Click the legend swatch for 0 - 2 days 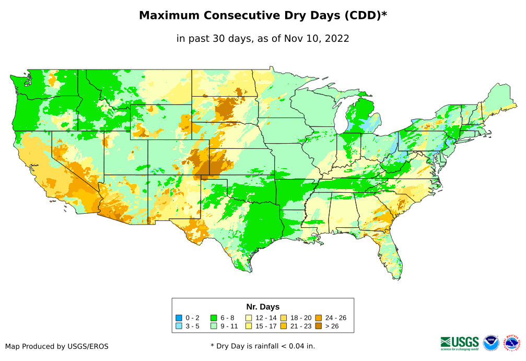179,318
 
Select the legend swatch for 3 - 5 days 179,326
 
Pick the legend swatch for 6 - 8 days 214,318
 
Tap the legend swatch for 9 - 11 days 214,326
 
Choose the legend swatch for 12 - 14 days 249,318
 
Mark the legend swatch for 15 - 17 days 249,326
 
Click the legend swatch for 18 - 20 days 283,318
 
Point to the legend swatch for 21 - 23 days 283,326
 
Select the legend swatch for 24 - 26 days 318,318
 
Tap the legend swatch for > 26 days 318,326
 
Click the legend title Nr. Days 263,307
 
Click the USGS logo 460,343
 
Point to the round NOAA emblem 491,343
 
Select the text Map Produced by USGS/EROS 57,346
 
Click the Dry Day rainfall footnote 263,346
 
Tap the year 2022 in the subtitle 336,38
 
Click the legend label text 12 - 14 266,318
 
